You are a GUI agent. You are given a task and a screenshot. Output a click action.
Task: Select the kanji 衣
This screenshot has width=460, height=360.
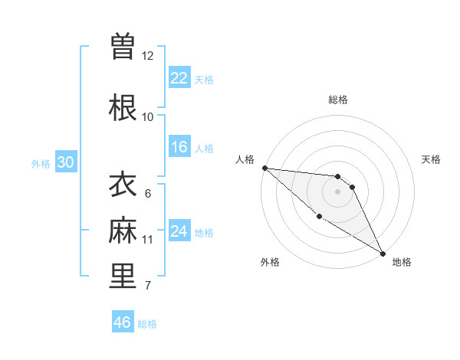123,185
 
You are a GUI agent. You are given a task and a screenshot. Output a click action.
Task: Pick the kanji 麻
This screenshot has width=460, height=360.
123,231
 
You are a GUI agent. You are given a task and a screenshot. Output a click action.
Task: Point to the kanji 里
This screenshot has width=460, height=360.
123,277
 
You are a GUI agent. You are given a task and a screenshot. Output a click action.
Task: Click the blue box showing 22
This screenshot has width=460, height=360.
179,78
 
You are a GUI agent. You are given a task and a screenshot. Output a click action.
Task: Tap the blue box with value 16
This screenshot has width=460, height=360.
179,147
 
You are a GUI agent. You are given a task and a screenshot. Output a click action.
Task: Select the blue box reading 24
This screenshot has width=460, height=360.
179,231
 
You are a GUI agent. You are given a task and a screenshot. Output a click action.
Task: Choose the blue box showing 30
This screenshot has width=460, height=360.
65,162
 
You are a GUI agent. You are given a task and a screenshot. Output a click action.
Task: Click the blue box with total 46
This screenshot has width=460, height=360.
123,322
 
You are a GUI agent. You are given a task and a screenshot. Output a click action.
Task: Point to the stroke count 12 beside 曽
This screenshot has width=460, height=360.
147,56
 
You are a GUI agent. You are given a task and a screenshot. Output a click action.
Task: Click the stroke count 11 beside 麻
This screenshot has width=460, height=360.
147,240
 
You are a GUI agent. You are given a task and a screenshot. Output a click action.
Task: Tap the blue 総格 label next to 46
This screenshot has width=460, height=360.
148,324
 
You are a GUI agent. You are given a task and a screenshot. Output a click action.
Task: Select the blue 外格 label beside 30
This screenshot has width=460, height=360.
41,163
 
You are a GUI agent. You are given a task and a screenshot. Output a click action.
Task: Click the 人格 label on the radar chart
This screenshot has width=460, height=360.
245,159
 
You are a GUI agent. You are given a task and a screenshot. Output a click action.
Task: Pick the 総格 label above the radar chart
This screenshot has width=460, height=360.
338,100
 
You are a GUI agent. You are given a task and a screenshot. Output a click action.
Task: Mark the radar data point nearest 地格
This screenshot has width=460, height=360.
383,253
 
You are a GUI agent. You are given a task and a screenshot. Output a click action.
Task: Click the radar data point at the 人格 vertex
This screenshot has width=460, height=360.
264,168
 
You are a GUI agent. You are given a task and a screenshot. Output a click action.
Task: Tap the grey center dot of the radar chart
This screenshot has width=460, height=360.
338,191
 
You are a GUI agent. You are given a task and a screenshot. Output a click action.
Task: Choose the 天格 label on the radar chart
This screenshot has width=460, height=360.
431,159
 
